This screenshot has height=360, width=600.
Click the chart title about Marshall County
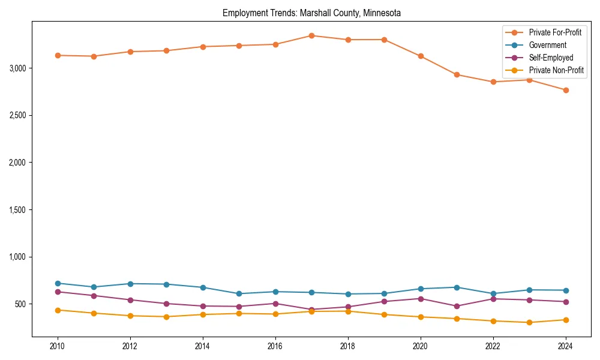pyautogui.click(x=311, y=13)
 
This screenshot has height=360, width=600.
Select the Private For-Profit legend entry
pyautogui.click(x=555, y=32)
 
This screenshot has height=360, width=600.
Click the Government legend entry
pyautogui.click(x=547, y=45)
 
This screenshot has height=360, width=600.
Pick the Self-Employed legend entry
pyautogui.click(x=551, y=58)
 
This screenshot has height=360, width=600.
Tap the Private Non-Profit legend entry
pyautogui.click(x=556, y=70)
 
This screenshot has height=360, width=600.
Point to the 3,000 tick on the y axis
pyautogui.click(x=17, y=68)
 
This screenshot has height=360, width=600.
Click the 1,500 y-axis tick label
pyautogui.click(x=17, y=210)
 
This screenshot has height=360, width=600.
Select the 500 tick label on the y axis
pyautogui.click(x=21, y=304)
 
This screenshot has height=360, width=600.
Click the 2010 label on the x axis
pyautogui.click(x=58, y=346)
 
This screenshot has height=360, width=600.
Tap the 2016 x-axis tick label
pyautogui.click(x=275, y=346)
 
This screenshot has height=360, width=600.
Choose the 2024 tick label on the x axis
pyautogui.click(x=565, y=346)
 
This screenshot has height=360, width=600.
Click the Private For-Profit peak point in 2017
pyautogui.click(x=311, y=35)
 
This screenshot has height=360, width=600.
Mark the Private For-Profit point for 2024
pyautogui.click(x=565, y=90)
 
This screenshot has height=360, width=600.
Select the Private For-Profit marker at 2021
pyautogui.click(x=457, y=75)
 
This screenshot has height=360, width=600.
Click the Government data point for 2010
pyautogui.click(x=58, y=283)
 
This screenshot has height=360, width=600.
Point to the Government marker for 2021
pyautogui.click(x=457, y=287)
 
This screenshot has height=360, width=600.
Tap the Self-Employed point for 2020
pyautogui.click(x=421, y=299)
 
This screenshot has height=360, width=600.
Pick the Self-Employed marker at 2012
pyautogui.click(x=130, y=300)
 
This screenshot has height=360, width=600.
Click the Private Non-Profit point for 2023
pyautogui.click(x=529, y=323)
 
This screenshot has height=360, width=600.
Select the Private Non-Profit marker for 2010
pyautogui.click(x=58, y=310)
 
